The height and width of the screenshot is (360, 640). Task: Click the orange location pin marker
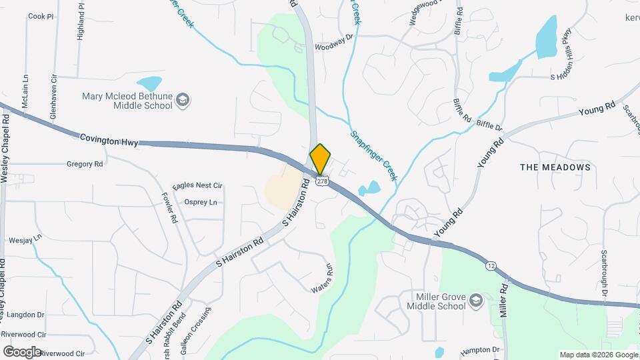point(320,159)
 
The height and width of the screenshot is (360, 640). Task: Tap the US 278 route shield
point(322,181)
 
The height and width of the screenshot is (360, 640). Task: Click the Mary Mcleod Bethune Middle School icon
point(183,101)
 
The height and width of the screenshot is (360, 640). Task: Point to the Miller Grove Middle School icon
point(475,301)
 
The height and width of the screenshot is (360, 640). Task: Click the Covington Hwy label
point(107,138)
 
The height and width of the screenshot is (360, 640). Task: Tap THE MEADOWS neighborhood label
point(555,167)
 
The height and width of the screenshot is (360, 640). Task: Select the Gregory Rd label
point(85,163)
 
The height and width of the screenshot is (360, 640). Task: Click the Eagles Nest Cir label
point(197,186)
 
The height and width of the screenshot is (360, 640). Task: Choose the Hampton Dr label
point(480,350)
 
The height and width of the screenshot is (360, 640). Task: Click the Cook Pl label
point(40,16)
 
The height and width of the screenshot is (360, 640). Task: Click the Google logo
point(22,351)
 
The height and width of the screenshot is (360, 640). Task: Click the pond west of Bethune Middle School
point(149,84)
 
